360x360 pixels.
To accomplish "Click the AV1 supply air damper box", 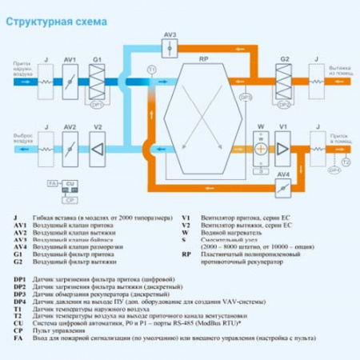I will coord(70,82).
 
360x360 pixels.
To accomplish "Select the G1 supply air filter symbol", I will coord(98,82).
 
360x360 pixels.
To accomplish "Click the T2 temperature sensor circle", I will coord(346,162).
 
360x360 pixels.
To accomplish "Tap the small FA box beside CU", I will coord(52,184).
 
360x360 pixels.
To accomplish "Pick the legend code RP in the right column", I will coord(186,254).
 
